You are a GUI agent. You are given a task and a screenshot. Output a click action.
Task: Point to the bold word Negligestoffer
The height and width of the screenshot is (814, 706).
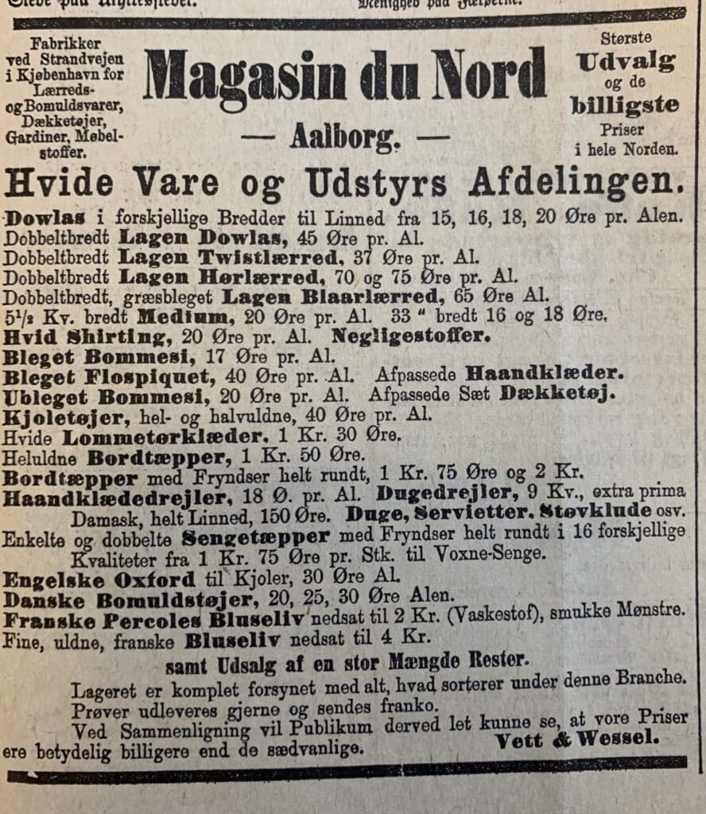(411, 335)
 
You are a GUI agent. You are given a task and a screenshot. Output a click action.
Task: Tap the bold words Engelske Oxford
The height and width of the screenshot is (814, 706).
(99, 579)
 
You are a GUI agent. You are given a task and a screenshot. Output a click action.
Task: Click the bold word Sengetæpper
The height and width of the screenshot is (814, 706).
(255, 537)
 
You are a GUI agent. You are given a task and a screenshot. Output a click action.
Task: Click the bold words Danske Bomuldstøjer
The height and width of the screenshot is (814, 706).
(127, 598)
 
